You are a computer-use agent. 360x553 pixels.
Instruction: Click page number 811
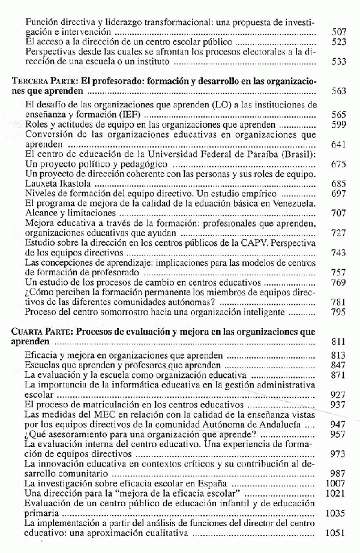point(339,342)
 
